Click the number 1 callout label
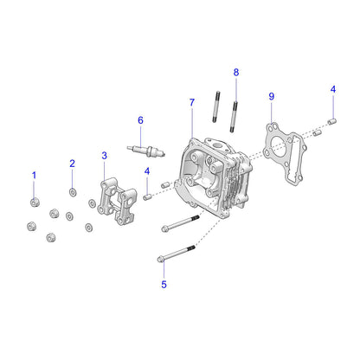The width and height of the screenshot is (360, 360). [35, 176]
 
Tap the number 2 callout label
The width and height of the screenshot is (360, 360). [73, 164]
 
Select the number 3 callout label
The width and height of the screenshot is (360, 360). [105, 156]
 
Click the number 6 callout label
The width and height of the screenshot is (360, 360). [139, 119]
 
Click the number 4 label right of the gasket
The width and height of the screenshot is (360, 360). [332, 89]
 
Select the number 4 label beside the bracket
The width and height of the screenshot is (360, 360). [147, 171]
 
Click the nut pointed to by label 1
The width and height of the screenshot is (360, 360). [34, 203]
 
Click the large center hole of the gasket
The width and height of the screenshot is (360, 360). [280, 145]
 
